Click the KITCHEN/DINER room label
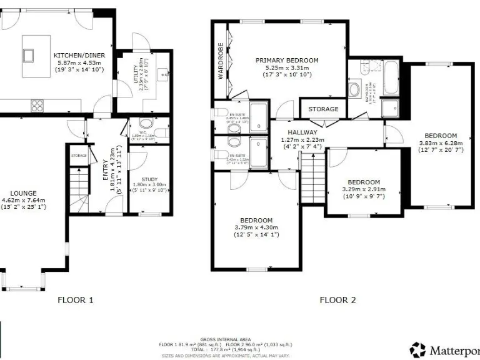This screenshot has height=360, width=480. coord(79,55)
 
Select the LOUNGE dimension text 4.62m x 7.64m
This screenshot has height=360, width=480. coord(23,200)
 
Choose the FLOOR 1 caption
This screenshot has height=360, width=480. coord(76,300)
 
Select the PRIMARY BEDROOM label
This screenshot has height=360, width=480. coord(287,61)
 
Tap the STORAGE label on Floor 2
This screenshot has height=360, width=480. coord(324,109)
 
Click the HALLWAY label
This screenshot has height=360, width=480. coord(302,132)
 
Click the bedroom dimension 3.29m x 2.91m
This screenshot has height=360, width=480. coord(364,189)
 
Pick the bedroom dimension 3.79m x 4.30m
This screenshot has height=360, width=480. coord(256,227)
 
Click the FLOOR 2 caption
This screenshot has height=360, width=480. coord(337,300)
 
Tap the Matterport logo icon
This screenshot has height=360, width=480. coord(417,349)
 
